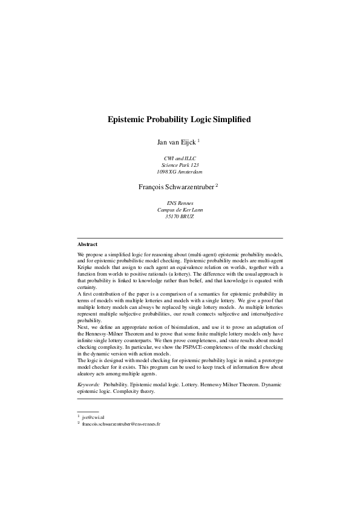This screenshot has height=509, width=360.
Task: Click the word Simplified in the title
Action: [x=230, y=120]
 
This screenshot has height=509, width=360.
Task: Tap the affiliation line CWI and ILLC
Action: [x=180, y=158]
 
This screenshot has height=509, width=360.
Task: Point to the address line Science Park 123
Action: [x=180, y=165]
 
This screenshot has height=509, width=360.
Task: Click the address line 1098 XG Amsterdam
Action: [x=180, y=172]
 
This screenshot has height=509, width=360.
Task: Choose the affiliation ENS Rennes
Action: [x=180, y=204]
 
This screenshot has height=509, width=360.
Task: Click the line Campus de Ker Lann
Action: [x=180, y=210]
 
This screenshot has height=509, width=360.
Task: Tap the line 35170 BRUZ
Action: [x=180, y=217]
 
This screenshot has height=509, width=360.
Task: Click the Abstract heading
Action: [x=88, y=244]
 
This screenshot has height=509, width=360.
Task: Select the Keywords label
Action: [x=89, y=384]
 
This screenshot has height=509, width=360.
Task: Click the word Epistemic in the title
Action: [x=126, y=120]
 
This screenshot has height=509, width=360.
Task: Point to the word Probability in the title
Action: [x=168, y=120]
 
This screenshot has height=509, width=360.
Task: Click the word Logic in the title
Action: [x=201, y=120]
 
